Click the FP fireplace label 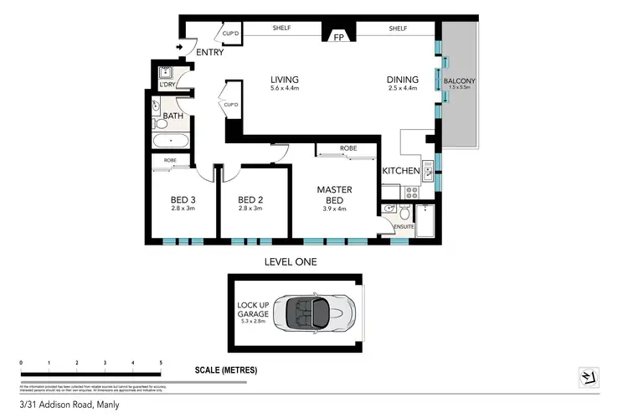point(339,37)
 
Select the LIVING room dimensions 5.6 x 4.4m point(284,89)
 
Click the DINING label point(401,80)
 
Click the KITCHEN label point(400,170)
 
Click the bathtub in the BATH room point(171,142)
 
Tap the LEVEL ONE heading point(291,262)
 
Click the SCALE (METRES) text point(225,369)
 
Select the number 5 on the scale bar point(160,363)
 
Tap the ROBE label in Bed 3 point(170,160)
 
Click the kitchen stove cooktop point(412,191)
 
